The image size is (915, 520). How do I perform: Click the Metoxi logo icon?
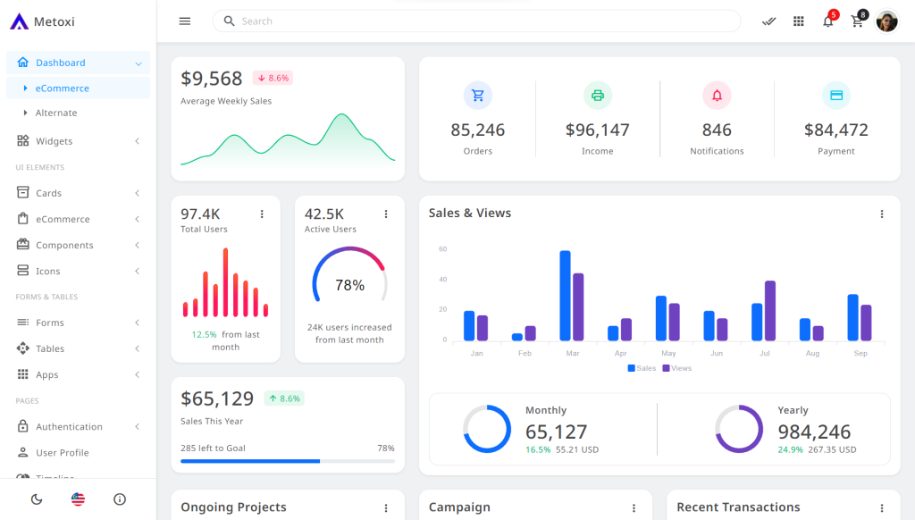tap(20, 21)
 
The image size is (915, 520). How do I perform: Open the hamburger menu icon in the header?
tap(185, 21)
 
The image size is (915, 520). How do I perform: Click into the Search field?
tap(483, 21)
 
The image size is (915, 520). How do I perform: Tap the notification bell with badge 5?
tap(828, 21)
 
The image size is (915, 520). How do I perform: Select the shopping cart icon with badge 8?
tap(858, 21)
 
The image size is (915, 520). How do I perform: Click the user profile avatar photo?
tap(886, 21)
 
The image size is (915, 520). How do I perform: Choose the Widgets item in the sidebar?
tap(55, 141)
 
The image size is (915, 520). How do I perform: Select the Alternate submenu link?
tap(56, 113)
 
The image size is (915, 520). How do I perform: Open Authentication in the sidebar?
tap(69, 427)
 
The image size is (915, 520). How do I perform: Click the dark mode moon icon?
tap(37, 499)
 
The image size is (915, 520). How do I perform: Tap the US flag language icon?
tap(79, 499)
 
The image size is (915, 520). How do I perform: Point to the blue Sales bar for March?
tap(565, 296)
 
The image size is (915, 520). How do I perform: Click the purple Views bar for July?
tap(770, 311)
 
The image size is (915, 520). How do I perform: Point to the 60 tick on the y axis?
tap(442, 249)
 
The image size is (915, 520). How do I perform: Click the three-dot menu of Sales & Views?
tap(882, 214)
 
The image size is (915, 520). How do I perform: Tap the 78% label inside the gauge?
tap(349, 286)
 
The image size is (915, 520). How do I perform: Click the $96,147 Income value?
tap(598, 130)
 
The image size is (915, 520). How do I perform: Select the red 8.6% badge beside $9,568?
tap(273, 79)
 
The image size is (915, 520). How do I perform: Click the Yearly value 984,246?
tap(814, 432)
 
